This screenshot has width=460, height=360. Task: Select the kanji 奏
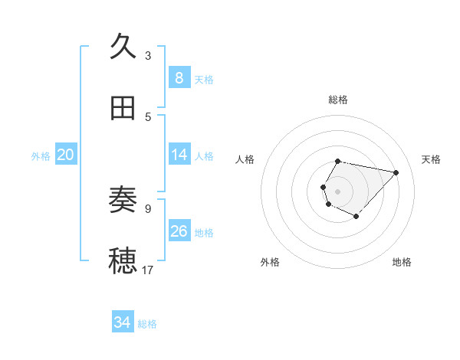tap(123, 201)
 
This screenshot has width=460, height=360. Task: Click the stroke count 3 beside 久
tap(147, 56)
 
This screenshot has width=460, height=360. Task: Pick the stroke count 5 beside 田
tap(147, 116)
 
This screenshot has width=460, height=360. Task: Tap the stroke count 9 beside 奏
tap(147, 208)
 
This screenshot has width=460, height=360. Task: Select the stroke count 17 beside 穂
tap(148, 270)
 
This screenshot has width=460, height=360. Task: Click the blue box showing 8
tap(179, 78)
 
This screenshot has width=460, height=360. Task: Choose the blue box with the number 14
tap(179, 155)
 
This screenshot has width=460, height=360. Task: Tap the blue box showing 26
tap(179, 231)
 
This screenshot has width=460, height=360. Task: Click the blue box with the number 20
tap(66, 155)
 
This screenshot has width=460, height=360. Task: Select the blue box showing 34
tap(122, 322)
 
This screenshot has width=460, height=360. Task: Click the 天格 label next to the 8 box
tap(204, 80)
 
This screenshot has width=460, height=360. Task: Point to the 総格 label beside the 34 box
tap(147, 324)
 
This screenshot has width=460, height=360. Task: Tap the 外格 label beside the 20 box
tap(41, 156)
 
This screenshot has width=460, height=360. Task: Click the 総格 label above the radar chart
tap(338, 100)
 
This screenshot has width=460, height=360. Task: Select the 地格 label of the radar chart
tap(402, 263)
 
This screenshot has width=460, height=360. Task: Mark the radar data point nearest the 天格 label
tap(396, 172)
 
